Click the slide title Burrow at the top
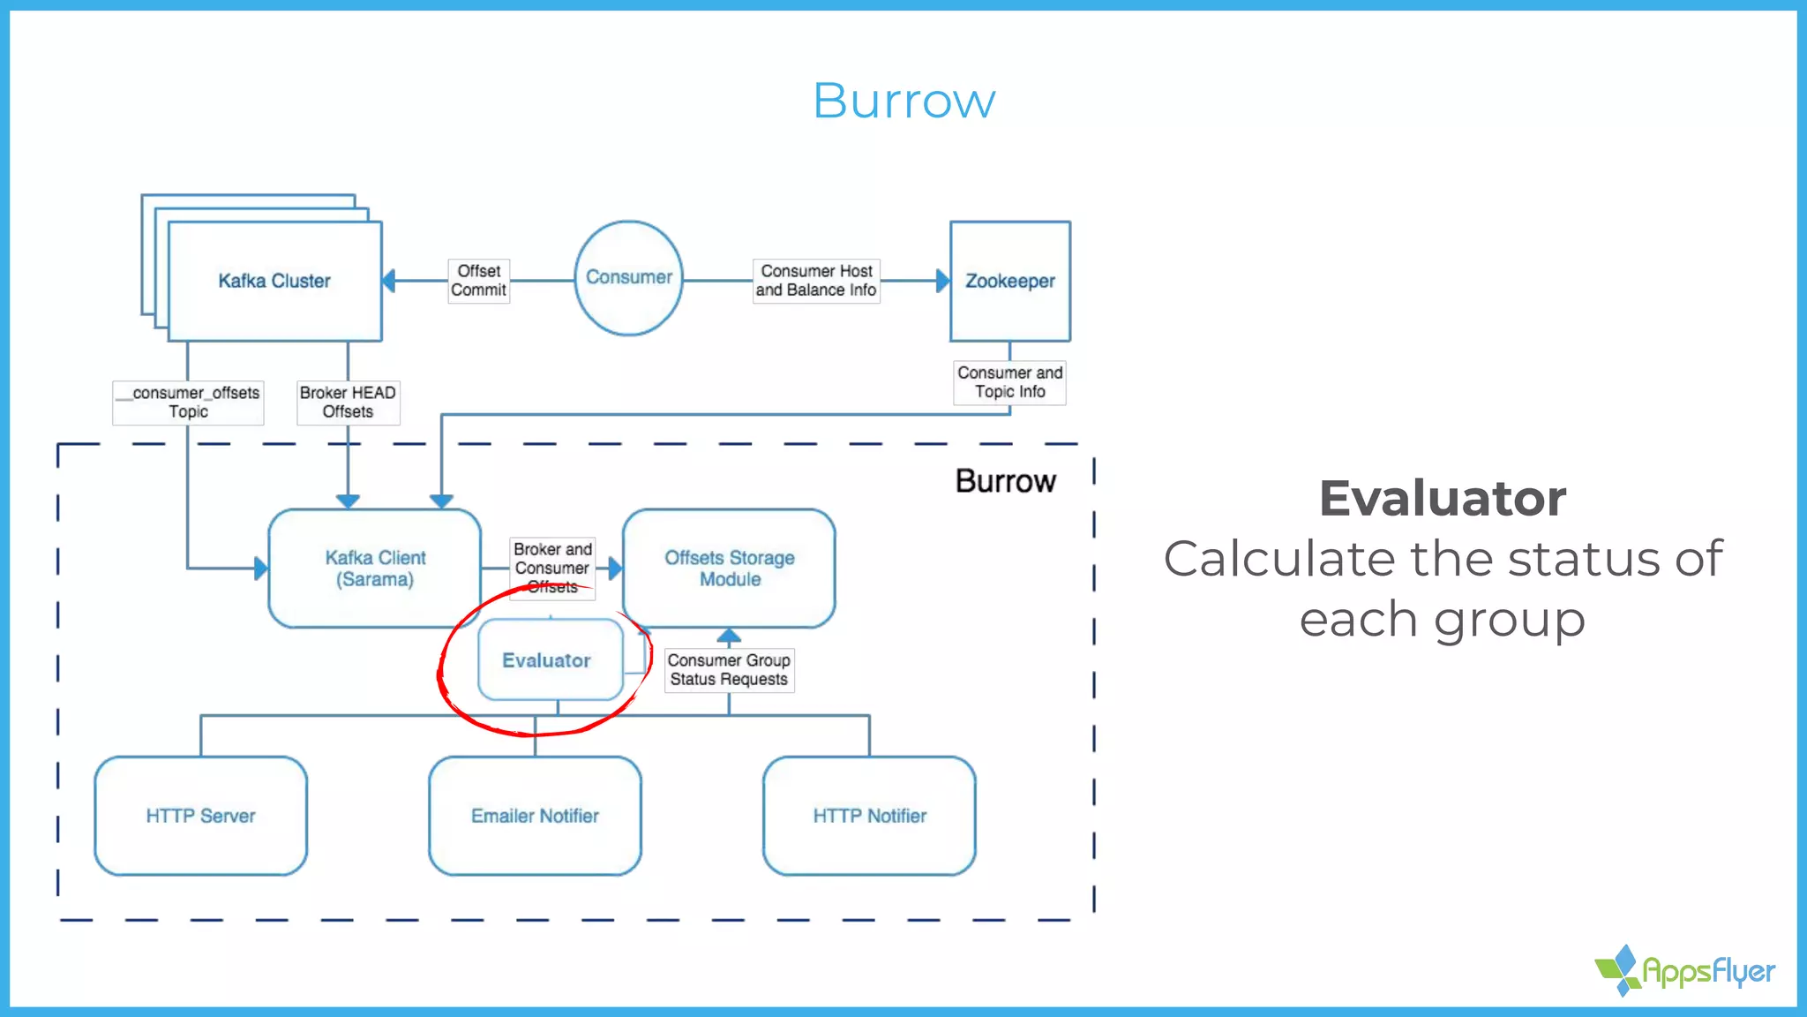click(903, 101)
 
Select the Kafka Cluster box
click(274, 281)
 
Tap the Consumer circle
click(628, 277)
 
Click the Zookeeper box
click(1010, 281)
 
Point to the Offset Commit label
click(479, 281)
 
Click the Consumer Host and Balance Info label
click(816, 281)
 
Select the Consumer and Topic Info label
click(1009, 382)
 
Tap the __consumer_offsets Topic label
click(189, 402)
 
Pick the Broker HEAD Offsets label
click(348, 402)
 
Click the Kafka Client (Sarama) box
click(375, 568)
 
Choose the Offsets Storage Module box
click(730, 568)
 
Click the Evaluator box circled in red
click(547, 660)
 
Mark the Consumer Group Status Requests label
click(729, 669)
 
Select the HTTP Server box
click(200, 816)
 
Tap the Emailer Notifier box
click(535, 816)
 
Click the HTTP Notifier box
click(869, 816)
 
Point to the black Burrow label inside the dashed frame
click(1005, 481)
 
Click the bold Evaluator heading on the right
click(1443, 498)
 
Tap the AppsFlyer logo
click(1684, 970)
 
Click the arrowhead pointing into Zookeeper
click(942, 281)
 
